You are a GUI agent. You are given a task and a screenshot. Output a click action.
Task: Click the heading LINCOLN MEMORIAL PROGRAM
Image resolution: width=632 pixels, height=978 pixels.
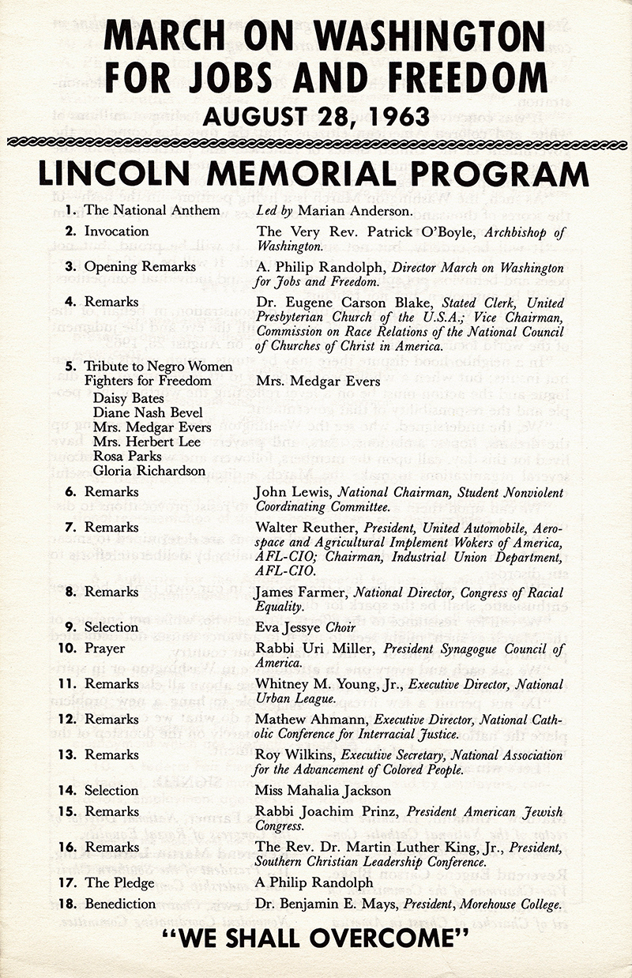pos(314,173)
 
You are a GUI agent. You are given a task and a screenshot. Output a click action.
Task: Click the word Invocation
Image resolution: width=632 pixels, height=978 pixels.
pos(117,231)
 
